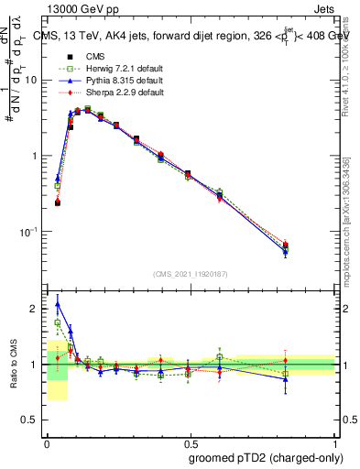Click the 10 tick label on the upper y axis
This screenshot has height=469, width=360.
pyautogui.click(x=31, y=81)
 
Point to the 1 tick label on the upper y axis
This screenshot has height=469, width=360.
pyautogui.click(x=35, y=156)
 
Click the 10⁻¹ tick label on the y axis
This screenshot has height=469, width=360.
pyautogui.click(x=28, y=232)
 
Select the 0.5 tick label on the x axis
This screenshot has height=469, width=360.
pyautogui.click(x=191, y=442)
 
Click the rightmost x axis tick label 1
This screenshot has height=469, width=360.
pyautogui.click(x=334, y=442)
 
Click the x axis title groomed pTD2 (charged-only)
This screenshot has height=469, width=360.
pyautogui.click(x=264, y=457)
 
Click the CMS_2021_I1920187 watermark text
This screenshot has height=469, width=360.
pyautogui.click(x=191, y=274)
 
